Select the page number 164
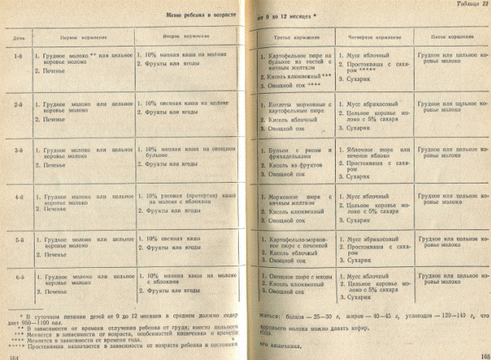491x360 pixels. tap(12, 356)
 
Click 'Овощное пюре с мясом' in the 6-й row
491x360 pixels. tap(301, 276)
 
